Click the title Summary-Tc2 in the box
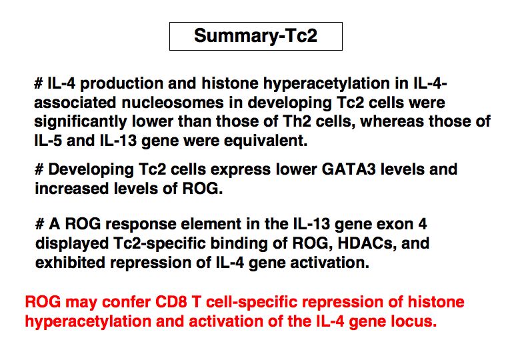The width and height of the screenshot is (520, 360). (x=256, y=35)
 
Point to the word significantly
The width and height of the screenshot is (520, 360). (x=81, y=122)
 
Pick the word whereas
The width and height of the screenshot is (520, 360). (x=392, y=121)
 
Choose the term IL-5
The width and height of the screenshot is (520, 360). (x=48, y=141)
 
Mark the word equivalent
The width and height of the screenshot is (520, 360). (x=265, y=141)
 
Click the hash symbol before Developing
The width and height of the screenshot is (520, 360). (x=39, y=169)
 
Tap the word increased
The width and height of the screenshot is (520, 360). (x=72, y=189)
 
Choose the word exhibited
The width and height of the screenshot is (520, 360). (x=70, y=263)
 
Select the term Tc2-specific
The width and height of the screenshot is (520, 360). (x=159, y=244)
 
